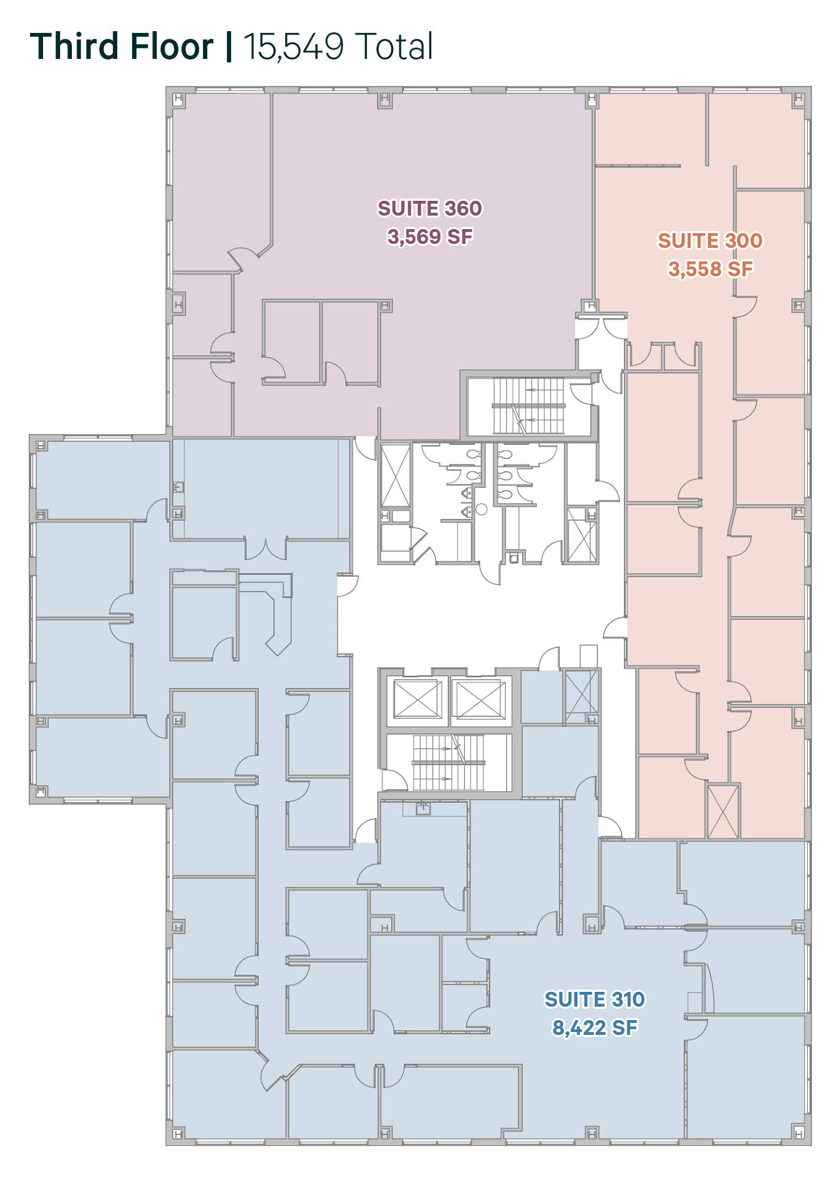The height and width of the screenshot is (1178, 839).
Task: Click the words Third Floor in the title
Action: [121, 47]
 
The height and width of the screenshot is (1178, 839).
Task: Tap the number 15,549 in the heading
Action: [293, 47]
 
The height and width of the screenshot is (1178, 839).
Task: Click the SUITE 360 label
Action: [430, 209]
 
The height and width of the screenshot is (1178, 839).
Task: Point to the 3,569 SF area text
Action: [430, 237]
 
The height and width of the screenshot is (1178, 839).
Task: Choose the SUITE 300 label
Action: [710, 241]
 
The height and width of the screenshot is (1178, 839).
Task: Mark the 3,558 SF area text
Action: [710, 269]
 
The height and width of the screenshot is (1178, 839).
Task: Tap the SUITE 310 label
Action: [594, 1000]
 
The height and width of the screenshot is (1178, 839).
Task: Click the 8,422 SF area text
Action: [594, 1028]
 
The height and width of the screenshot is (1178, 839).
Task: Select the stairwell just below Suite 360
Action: [528, 406]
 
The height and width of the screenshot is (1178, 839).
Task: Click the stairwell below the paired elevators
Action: [448, 762]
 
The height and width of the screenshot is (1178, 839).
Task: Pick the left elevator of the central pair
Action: [418, 699]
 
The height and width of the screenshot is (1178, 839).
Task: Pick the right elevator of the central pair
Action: [481, 699]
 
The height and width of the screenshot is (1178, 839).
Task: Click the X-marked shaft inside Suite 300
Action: [722, 811]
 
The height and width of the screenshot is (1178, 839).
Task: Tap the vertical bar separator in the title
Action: [229, 47]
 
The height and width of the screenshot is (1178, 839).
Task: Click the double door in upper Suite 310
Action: [266, 549]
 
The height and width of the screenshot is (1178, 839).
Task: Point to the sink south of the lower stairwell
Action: [423, 809]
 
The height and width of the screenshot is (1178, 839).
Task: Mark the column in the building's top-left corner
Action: [178, 98]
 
